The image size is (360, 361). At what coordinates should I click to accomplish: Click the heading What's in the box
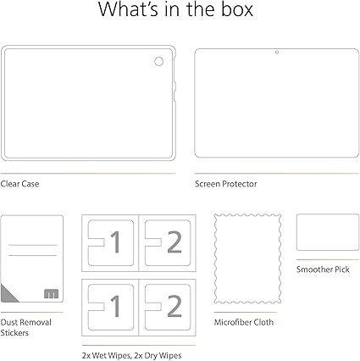coord(175,9)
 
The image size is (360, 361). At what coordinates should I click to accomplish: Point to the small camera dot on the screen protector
coord(277,53)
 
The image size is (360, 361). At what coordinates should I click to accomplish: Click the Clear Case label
coord(19,184)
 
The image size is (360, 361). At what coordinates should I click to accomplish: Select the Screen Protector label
coord(226,184)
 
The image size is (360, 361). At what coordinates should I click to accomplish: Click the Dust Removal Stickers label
coord(26,327)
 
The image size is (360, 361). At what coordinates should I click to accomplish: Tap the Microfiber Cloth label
coord(244,322)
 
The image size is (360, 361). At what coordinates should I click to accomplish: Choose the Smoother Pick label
coord(323,269)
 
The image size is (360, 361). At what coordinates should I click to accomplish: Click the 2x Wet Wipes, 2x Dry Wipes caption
coord(131,355)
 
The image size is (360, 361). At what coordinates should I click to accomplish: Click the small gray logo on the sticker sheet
coord(51,294)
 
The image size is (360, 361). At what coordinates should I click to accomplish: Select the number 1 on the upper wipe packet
coord(115,242)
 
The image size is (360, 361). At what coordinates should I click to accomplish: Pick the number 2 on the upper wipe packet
coord(174,242)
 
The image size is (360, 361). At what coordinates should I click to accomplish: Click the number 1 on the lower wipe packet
coord(115,306)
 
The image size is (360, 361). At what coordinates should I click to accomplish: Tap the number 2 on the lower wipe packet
coord(174,306)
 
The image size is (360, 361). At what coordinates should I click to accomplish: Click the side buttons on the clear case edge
coord(174,91)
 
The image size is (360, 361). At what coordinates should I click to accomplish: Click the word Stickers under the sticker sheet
coord(14,333)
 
